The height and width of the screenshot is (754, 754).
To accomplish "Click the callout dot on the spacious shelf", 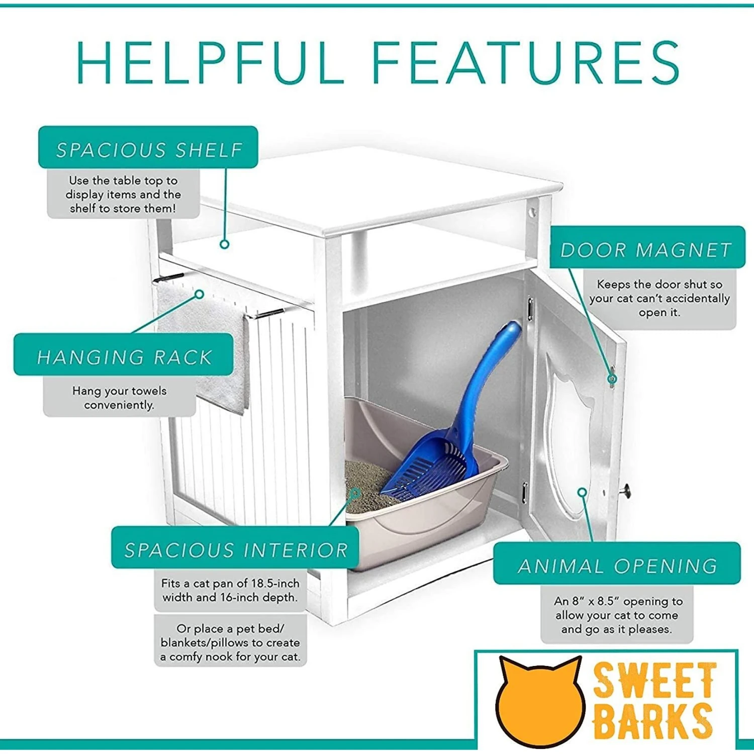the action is point(225,244).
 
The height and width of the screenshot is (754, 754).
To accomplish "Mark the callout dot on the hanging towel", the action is point(200,294).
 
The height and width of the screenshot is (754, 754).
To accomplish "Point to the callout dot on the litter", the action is point(355,493).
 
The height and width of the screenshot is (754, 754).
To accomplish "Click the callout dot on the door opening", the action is point(582,492).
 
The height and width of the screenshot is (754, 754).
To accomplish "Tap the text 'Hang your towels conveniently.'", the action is point(119,398).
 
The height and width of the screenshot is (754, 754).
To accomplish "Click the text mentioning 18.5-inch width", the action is point(230,590).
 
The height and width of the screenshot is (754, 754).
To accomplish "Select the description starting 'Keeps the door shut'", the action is point(659,298).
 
